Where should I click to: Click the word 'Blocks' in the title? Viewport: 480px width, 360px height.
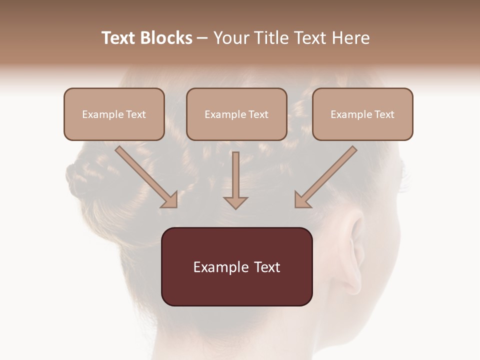[166, 38]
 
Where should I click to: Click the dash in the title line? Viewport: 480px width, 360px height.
[202, 38]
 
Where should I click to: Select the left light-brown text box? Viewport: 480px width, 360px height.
[114, 114]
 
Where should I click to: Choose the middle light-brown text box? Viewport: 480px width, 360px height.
[236, 114]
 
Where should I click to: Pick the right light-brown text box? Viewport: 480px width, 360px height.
[362, 114]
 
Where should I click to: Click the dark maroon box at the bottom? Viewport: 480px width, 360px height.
[236, 266]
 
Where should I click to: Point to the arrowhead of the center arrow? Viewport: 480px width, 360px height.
[235, 202]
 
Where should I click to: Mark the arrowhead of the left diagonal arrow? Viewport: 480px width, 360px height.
[169, 200]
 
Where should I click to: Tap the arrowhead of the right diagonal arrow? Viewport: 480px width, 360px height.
[302, 200]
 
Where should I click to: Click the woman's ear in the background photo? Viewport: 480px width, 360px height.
[352, 250]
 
